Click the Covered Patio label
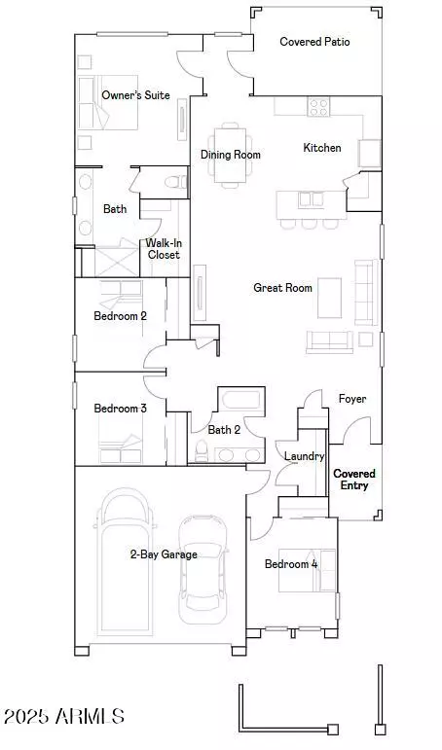pos(314,42)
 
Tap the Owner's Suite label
pos(136,95)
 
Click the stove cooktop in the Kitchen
pos(319,107)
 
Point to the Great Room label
pos(282,288)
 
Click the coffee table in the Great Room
pos(330,296)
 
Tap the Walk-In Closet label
pos(164,249)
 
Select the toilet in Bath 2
pos(203,449)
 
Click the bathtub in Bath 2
pos(239,401)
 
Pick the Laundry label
pos(304,456)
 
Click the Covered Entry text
pos(354,480)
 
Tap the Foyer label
pos(352,399)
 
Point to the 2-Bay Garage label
pos(164,554)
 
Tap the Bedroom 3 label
pos(120,409)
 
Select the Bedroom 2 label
pos(120,316)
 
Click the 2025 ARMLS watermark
pos(64,717)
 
